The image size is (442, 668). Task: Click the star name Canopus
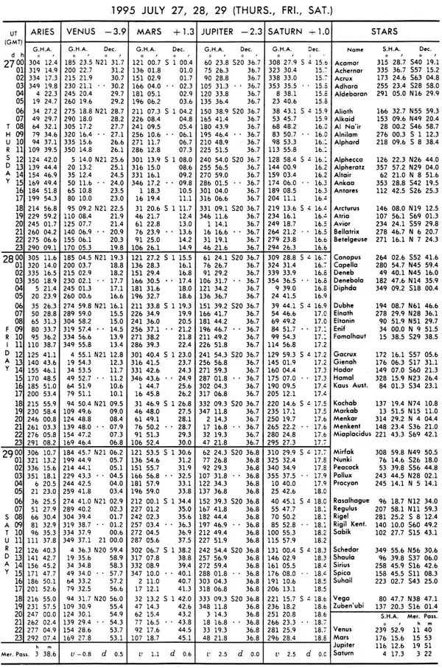pos(348,278)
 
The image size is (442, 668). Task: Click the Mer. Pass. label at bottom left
pos(17,654)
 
